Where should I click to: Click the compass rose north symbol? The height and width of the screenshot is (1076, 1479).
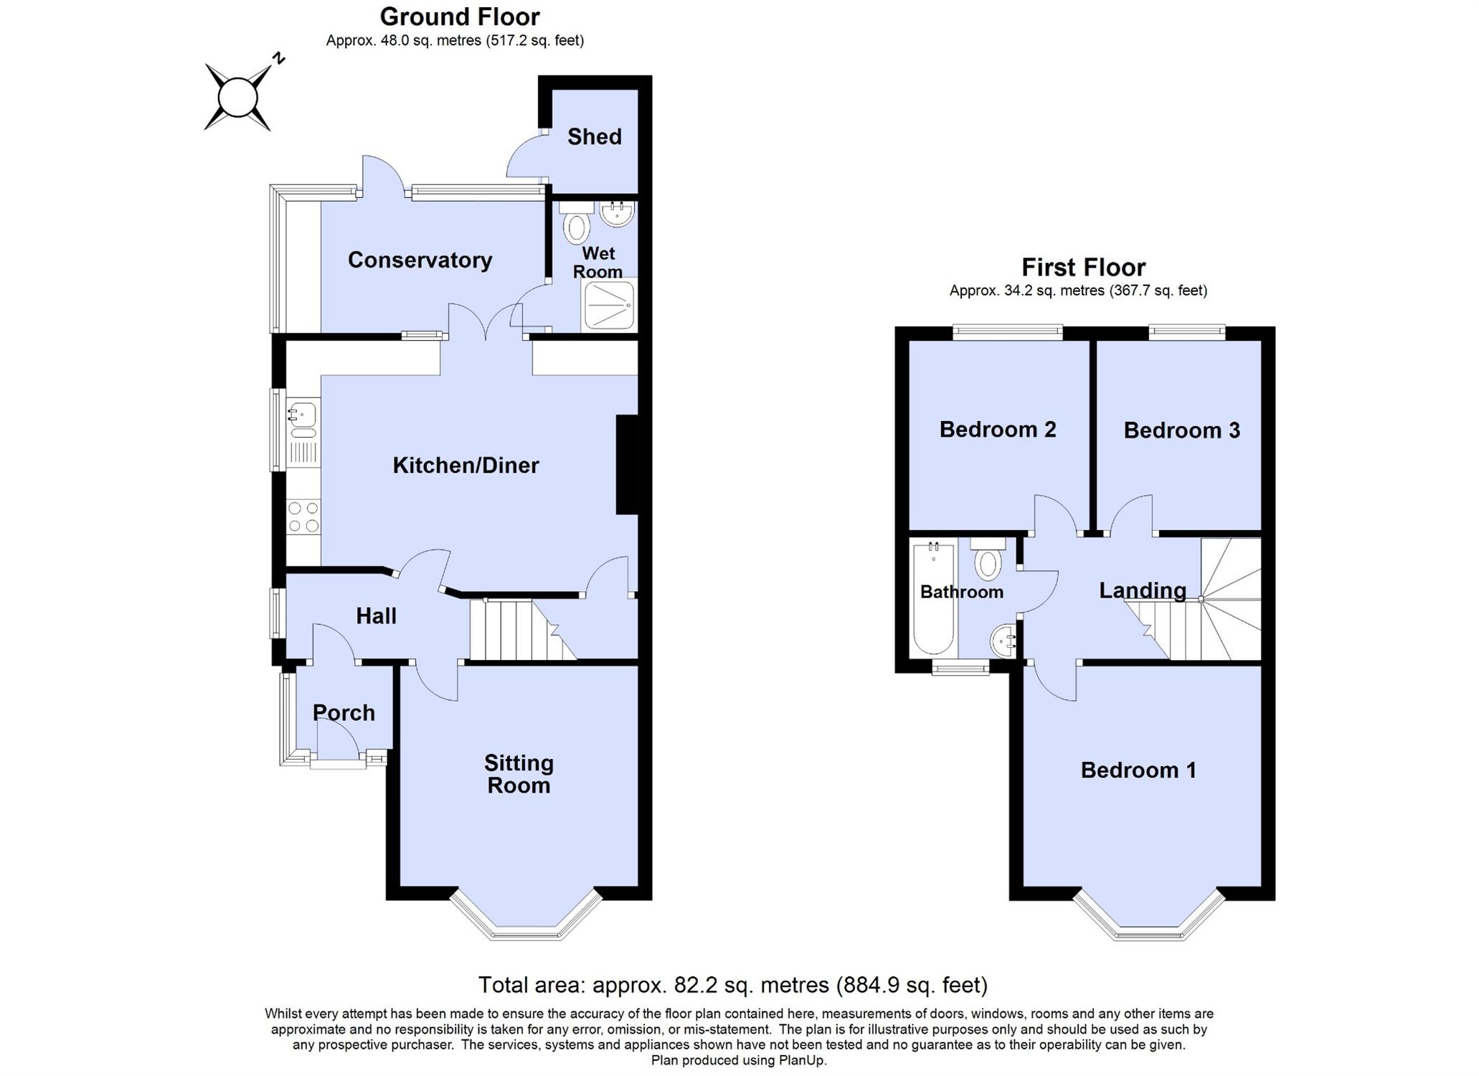(x=238, y=98)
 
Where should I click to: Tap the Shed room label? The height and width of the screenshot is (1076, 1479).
(x=594, y=136)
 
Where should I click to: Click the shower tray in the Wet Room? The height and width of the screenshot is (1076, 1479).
(x=610, y=305)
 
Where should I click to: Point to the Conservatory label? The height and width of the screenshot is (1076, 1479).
(x=420, y=260)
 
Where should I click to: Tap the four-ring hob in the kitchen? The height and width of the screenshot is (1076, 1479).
(x=303, y=516)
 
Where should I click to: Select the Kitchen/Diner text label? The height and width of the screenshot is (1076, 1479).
(x=466, y=465)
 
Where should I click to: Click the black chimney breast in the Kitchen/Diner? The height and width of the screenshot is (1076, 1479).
(x=627, y=465)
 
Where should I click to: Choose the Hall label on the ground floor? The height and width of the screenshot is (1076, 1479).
(x=376, y=615)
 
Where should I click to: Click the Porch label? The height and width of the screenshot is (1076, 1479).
(x=344, y=712)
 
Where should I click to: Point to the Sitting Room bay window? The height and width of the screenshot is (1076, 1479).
(x=526, y=917)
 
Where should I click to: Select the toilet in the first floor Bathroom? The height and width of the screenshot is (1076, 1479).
(x=988, y=559)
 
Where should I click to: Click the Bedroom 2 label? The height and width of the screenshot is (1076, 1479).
(x=998, y=429)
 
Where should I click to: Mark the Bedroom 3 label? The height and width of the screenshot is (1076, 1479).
(x=1181, y=430)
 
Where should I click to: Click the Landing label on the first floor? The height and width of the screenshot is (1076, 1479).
(x=1143, y=590)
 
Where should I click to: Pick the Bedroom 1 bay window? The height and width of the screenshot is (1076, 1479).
(x=1150, y=917)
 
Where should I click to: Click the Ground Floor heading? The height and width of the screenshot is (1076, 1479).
(x=460, y=16)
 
